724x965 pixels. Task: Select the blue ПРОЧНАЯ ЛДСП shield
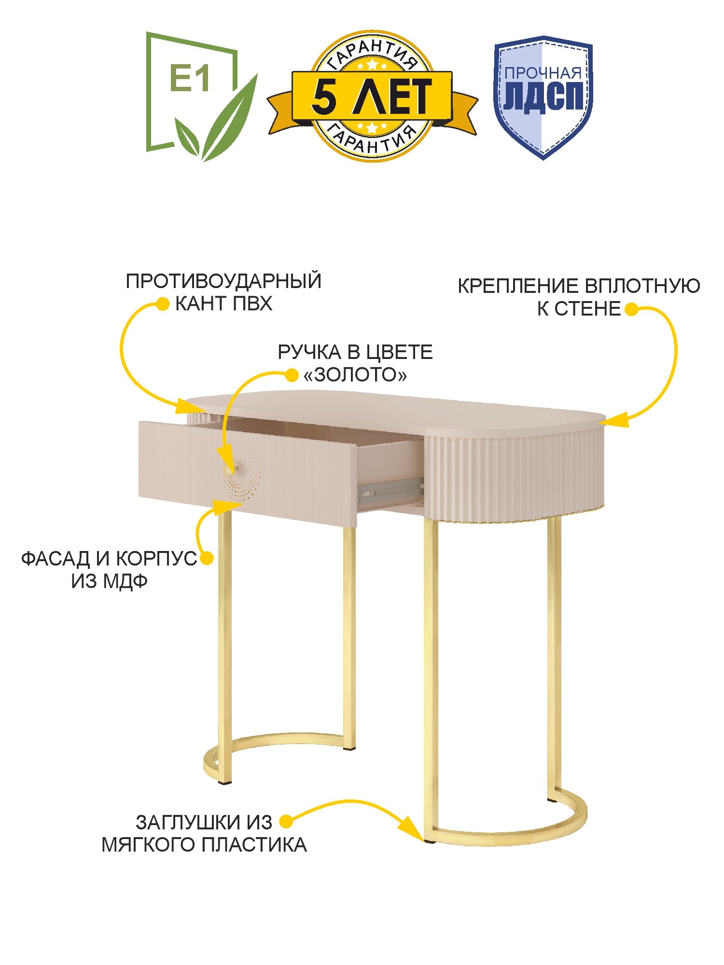543,96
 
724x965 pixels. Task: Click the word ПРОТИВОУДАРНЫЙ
223,281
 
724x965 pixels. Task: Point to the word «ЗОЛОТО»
355,375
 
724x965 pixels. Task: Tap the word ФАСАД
56,559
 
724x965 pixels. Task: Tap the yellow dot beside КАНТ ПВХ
163,304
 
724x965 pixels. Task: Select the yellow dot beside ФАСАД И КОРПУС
207,558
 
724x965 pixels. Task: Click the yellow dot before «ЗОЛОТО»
292,374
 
